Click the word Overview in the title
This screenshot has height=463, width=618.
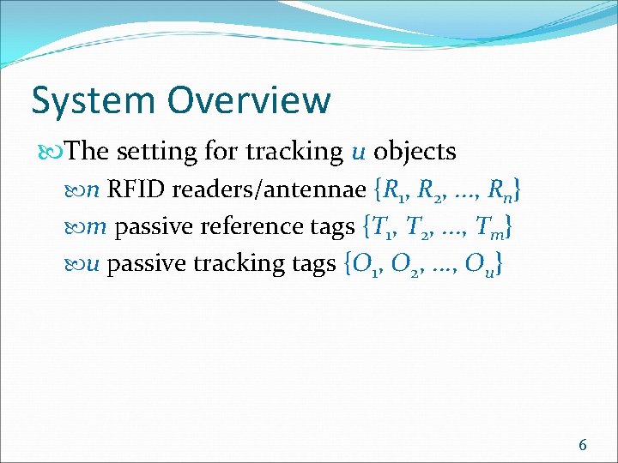click(249, 100)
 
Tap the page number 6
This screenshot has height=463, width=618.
click(583, 444)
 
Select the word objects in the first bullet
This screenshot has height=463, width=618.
click(415, 152)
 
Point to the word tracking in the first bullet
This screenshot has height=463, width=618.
click(294, 152)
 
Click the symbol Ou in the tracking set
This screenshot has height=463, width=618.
click(478, 266)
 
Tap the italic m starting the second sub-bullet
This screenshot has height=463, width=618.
click(98, 228)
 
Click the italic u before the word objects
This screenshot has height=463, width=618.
click(359, 153)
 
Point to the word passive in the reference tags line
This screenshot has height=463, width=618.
click(152, 227)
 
